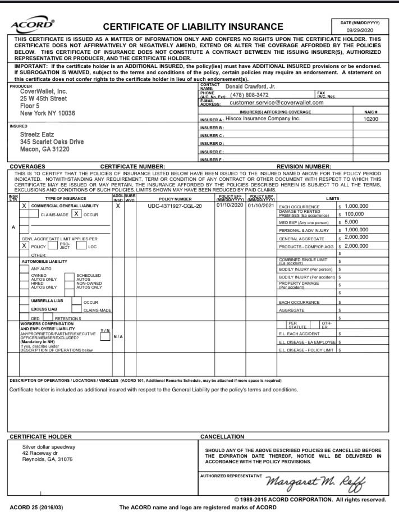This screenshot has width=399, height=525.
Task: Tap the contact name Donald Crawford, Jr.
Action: coord(250,86)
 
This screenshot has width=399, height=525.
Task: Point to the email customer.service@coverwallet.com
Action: coord(277,103)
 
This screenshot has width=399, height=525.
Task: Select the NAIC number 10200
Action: coord(371,119)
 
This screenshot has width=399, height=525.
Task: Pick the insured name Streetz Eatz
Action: coord(38,135)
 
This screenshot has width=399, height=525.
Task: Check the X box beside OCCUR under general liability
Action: coord(76,214)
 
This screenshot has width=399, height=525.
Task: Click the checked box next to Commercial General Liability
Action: coord(24,206)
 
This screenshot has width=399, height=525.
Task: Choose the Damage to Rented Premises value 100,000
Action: coord(354,214)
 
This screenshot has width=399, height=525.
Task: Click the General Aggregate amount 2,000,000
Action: coord(356,238)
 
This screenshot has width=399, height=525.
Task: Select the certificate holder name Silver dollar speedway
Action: coord(49,447)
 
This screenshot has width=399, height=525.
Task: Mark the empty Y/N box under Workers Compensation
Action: coord(104,337)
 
